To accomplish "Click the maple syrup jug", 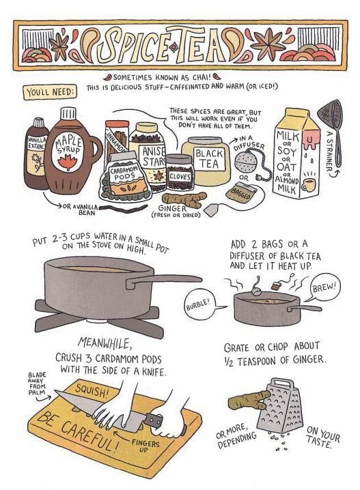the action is (x=70, y=153).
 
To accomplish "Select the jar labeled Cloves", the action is (x=180, y=173).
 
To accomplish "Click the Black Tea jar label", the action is (x=210, y=159).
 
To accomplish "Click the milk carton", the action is (x=296, y=153).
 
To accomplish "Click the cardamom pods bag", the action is (x=125, y=178).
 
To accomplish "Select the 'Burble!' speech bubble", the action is (x=199, y=305).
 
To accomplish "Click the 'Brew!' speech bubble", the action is (x=324, y=288).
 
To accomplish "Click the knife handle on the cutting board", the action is (x=152, y=420).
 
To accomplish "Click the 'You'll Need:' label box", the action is (x=50, y=93).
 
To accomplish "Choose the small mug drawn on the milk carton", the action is (x=308, y=186).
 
